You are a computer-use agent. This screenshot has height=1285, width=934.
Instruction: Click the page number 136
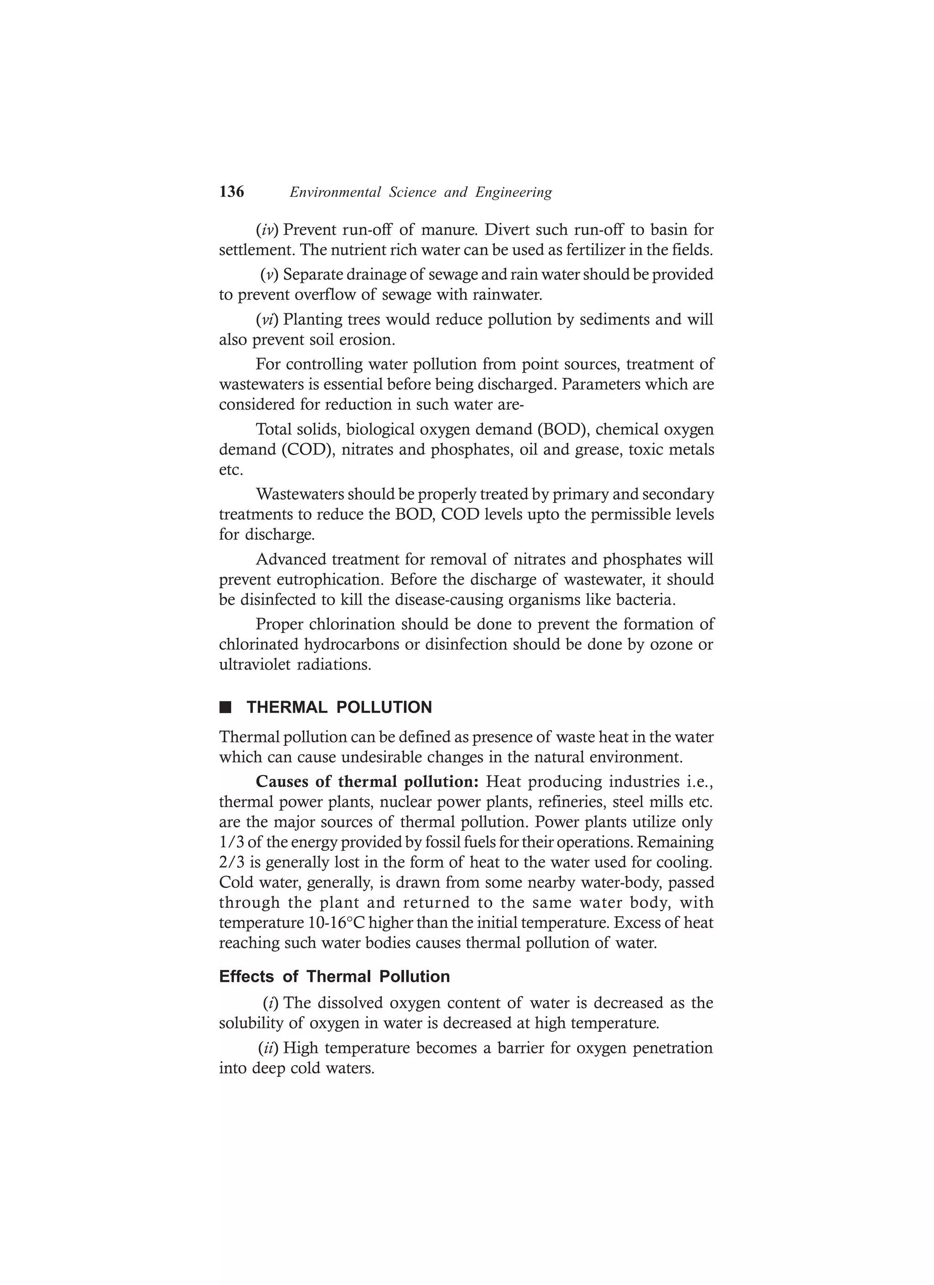pos(231,192)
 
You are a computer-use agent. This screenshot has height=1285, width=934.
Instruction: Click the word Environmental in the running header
pos(335,192)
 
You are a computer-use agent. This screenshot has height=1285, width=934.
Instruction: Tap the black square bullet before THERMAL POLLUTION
pos(226,707)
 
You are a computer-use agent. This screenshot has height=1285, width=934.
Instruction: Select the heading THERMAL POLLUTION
pos(339,707)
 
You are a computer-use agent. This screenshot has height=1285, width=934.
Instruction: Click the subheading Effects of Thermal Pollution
pos(334,977)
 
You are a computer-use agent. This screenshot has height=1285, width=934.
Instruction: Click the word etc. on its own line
pos(231,470)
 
